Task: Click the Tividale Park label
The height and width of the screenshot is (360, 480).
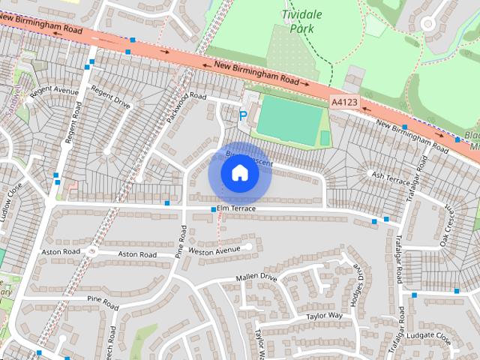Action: [307, 22]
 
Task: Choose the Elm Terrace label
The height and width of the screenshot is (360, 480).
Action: [236, 208]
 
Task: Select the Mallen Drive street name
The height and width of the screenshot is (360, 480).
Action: [256, 277]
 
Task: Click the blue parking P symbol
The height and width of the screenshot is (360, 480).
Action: [242, 115]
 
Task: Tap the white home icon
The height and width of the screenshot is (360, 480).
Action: [239, 173]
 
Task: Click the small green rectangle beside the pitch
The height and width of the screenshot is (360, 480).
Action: [325, 138]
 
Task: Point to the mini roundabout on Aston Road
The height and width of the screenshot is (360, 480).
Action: [91, 251]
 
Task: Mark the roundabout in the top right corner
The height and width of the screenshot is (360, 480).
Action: [429, 23]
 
